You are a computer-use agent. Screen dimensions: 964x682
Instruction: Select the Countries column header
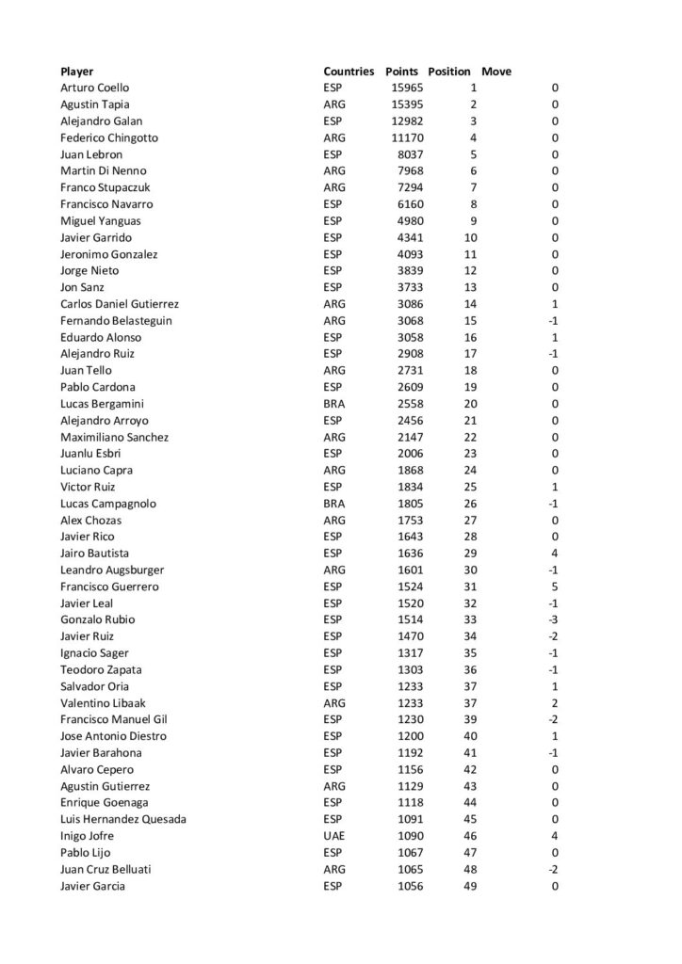click(349, 71)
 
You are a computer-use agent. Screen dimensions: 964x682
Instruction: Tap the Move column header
click(496, 71)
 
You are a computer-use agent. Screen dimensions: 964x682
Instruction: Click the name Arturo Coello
click(95, 88)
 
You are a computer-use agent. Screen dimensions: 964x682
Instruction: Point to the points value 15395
click(408, 104)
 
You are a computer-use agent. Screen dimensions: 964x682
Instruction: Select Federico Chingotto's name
click(108, 137)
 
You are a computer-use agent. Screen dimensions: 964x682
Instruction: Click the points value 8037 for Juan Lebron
click(412, 154)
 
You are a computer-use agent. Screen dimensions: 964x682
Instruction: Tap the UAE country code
click(333, 836)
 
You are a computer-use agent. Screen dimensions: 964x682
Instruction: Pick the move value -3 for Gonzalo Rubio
click(554, 619)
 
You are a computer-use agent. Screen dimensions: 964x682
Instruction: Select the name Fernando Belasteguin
click(116, 320)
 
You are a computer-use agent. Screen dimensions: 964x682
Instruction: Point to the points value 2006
click(412, 454)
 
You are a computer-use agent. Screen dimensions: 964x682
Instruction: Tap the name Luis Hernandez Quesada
click(122, 819)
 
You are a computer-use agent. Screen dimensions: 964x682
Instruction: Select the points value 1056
click(412, 886)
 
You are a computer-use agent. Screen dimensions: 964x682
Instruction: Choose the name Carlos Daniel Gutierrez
click(120, 304)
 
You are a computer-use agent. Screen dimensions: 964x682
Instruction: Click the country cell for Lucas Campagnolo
click(333, 504)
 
